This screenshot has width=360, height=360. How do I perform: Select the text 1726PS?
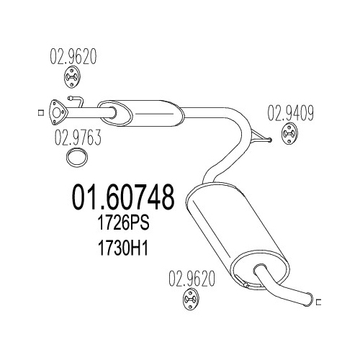124,223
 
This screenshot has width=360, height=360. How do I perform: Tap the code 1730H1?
123,248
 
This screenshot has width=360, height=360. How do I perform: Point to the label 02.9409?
290,113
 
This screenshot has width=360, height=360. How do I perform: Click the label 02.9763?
78,138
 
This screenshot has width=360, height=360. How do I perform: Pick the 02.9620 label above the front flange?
73,56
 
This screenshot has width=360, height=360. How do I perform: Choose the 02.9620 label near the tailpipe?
192,279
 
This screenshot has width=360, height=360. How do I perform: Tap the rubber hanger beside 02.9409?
289,134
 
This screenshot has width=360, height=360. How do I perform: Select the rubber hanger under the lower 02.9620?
191,300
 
